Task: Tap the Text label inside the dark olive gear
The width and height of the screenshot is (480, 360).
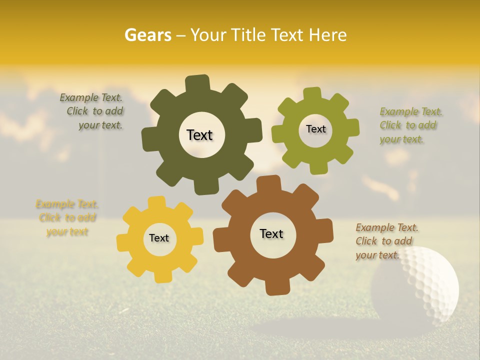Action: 199,135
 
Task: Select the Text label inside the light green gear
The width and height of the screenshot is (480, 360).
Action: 315,129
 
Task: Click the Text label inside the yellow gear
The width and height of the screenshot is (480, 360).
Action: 159,238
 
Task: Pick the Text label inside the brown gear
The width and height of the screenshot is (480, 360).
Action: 271,233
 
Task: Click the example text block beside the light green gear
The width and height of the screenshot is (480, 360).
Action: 410,125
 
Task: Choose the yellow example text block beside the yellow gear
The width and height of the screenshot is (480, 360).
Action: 66,218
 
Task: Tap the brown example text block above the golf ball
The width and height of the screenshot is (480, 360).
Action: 386,241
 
